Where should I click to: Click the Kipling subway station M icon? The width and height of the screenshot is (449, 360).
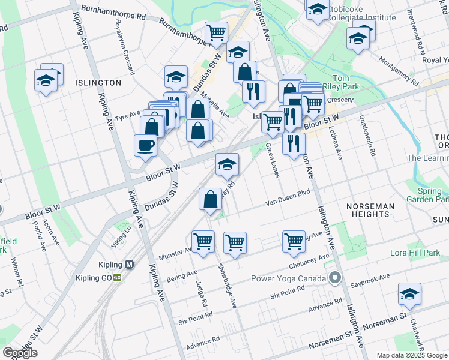click(129, 265)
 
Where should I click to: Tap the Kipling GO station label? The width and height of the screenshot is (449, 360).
click(95, 277)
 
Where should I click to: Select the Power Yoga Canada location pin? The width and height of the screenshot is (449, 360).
click(335, 278)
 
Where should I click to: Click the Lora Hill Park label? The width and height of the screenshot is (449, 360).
click(415, 253)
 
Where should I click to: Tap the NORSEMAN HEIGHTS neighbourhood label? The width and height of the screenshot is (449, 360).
click(371, 210)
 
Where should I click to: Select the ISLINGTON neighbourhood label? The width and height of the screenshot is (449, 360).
click(98, 82)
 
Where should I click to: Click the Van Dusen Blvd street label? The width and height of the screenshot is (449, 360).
click(288, 198)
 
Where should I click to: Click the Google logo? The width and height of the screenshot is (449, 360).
click(20, 353)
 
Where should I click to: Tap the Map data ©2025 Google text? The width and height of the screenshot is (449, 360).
click(412, 355)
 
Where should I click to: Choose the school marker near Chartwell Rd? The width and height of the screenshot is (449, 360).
click(409, 294)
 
